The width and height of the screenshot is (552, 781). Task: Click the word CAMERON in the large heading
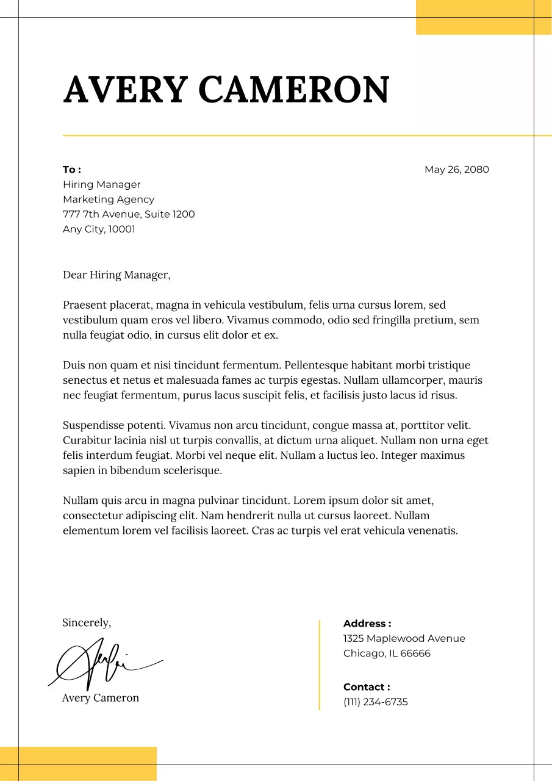tap(293, 90)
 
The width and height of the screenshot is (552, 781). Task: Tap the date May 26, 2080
tap(456, 170)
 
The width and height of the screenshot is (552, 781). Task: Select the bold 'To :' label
tap(72, 170)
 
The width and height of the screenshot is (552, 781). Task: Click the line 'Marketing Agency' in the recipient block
tap(109, 200)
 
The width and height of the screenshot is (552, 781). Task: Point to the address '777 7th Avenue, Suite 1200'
tap(129, 214)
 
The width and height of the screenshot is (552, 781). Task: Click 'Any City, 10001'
tap(99, 229)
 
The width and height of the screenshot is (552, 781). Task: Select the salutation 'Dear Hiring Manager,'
tap(116, 275)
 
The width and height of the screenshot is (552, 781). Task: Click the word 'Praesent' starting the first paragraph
tap(85, 305)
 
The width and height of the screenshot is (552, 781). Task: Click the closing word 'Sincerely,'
tap(87, 623)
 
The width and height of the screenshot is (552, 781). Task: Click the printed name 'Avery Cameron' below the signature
tap(101, 698)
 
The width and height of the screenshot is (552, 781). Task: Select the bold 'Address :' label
tap(367, 624)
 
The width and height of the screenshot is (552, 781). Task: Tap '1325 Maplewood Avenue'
tap(404, 639)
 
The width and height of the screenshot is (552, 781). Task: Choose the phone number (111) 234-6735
tap(375, 702)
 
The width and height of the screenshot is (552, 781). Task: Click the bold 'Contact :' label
tap(367, 687)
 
